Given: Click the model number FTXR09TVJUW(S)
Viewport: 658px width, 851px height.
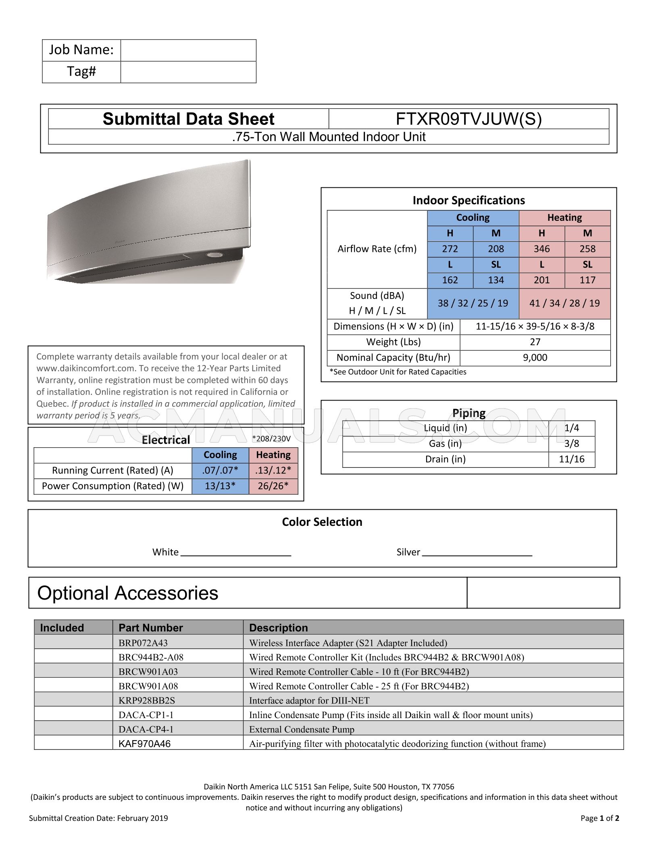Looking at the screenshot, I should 469,119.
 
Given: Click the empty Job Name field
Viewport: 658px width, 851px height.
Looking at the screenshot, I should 188,50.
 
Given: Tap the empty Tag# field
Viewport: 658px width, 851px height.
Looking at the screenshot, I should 188,72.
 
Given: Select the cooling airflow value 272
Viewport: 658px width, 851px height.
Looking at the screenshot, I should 450,249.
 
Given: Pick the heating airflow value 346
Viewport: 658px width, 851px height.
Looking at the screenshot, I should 541,249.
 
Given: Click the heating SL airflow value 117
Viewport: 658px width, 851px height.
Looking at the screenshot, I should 587,280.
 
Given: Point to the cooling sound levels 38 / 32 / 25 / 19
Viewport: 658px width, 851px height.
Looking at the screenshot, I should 473,303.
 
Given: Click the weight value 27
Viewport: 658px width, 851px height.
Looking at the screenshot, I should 535,342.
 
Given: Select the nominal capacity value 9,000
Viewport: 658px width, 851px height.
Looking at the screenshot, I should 535,358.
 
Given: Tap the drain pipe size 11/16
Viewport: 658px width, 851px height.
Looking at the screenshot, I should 571,459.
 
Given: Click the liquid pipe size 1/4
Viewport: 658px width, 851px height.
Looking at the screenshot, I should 571,428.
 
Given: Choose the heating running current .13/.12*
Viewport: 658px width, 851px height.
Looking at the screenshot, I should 273,471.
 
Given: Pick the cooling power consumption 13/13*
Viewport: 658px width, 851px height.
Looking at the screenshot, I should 220,486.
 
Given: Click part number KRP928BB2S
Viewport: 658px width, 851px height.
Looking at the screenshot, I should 147,701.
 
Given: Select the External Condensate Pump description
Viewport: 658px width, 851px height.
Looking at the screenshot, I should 302,730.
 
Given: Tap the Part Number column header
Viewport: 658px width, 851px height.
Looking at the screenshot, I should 150,628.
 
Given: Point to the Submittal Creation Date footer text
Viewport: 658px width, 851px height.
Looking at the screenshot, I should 98,818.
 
